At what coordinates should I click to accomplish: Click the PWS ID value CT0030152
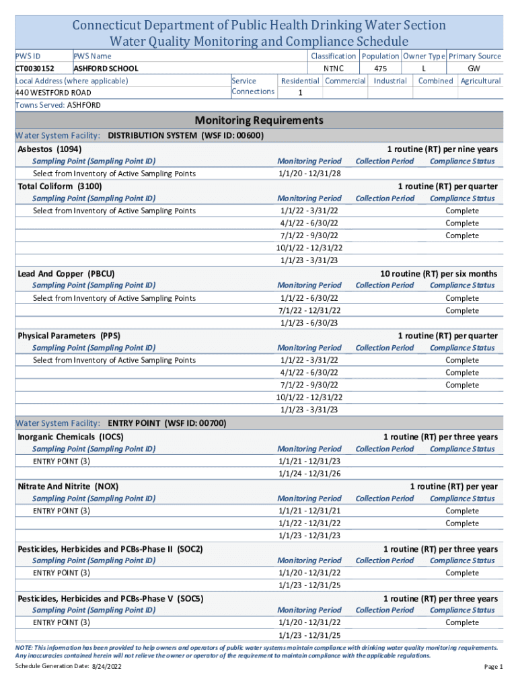(x=34, y=69)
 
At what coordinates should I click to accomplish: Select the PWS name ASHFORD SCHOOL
(x=106, y=69)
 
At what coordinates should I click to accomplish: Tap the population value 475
(x=380, y=69)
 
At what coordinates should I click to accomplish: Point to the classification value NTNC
(x=333, y=69)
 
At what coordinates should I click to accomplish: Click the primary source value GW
(x=474, y=69)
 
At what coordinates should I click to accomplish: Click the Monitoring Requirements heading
(x=259, y=120)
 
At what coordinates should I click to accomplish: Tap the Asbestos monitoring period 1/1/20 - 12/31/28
(x=309, y=174)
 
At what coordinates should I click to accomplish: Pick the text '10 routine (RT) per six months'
(x=439, y=273)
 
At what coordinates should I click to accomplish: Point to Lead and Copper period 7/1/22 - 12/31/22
(x=309, y=310)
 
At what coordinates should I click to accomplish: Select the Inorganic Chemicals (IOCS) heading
(x=71, y=437)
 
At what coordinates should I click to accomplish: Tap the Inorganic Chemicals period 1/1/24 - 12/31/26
(x=309, y=474)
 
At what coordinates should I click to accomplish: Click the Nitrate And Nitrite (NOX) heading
(x=70, y=486)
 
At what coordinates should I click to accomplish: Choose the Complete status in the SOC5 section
(x=462, y=622)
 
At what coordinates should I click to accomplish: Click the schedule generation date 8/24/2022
(x=107, y=666)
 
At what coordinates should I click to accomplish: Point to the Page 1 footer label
(x=493, y=666)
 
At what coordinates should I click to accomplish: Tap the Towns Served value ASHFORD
(x=83, y=106)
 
